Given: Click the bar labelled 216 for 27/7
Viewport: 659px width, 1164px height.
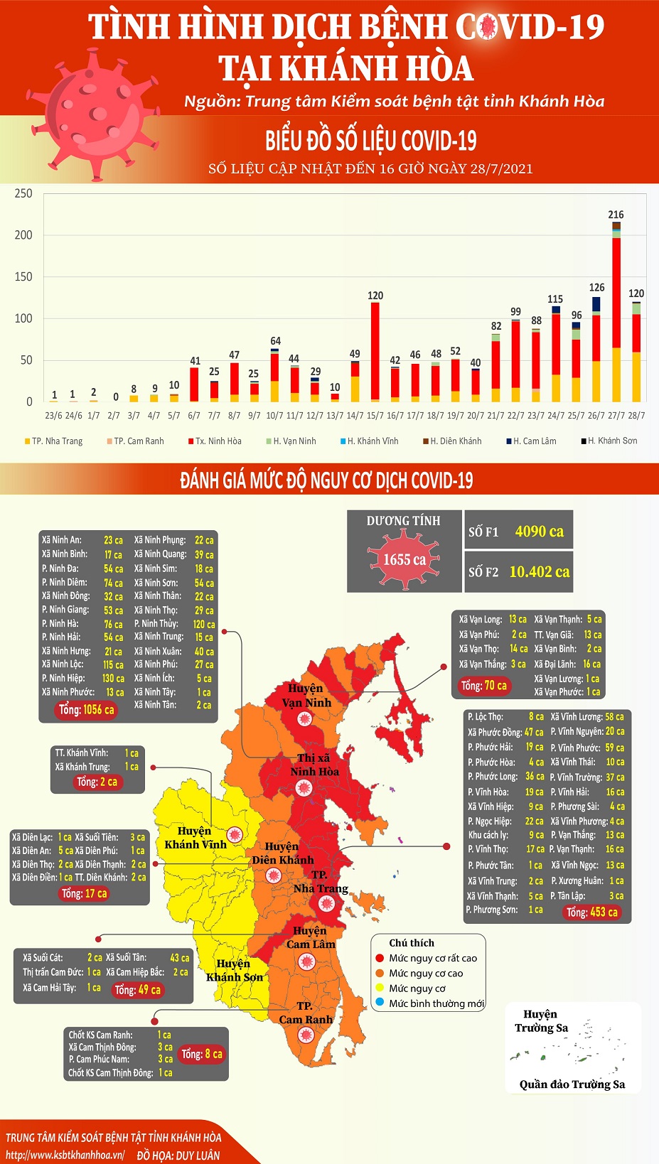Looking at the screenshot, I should pyautogui.click(x=616, y=313).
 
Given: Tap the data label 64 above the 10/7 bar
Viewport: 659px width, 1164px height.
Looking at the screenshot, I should pyautogui.click(x=275, y=341).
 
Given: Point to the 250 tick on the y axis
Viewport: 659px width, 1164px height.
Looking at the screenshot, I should pyautogui.click(x=23, y=193).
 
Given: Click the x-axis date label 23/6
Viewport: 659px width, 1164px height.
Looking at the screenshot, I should pyautogui.click(x=53, y=415).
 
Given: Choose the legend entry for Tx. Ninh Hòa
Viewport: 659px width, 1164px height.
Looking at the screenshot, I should pyautogui.click(x=215, y=441).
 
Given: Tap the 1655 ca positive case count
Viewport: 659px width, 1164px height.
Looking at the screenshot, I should pyautogui.click(x=404, y=560).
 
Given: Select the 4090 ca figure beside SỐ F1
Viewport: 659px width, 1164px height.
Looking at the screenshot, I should pyautogui.click(x=539, y=532).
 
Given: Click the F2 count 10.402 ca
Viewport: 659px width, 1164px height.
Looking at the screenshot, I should pyautogui.click(x=539, y=571).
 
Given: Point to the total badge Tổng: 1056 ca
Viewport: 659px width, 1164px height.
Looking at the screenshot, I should pyautogui.click(x=86, y=709).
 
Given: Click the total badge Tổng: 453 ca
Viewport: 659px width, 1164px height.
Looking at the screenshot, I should pyautogui.click(x=591, y=912).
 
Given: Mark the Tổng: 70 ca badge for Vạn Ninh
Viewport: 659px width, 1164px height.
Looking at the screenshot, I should pyautogui.click(x=483, y=686).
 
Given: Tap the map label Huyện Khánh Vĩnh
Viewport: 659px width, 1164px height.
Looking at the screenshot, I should pyautogui.click(x=195, y=838).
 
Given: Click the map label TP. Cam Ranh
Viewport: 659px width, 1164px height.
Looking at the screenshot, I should pyautogui.click(x=305, y=1013).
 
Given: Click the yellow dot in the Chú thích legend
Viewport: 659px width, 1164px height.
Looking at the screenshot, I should pyautogui.click(x=380, y=988).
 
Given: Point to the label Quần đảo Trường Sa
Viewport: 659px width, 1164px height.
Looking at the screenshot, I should pyautogui.click(x=572, y=1084).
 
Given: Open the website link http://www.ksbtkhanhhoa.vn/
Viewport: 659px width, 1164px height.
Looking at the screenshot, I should pyautogui.click(x=65, y=1155).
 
